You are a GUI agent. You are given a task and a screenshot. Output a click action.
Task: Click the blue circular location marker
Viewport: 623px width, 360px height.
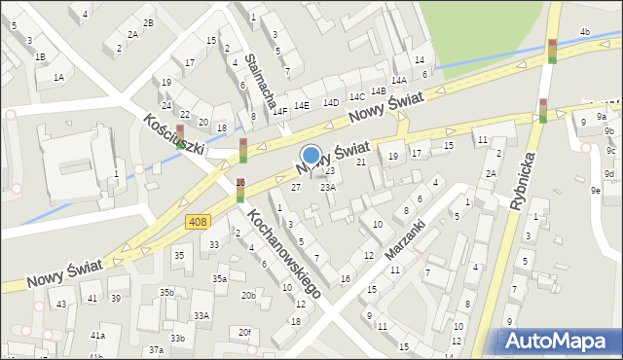click(311, 155)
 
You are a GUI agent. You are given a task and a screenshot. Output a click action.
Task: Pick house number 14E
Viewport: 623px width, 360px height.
click(302, 105)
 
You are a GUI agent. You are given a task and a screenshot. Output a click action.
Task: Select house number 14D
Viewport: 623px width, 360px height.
click(331, 101)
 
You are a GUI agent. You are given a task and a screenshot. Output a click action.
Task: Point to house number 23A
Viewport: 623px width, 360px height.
click(328, 187)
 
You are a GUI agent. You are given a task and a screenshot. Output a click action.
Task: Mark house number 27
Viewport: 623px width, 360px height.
click(296, 187)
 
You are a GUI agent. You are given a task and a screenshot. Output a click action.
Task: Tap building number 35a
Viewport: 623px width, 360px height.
click(220, 279)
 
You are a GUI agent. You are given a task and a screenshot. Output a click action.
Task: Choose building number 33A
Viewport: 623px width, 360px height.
click(202, 315)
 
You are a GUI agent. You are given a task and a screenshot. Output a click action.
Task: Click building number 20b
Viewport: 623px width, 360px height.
click(248, 295)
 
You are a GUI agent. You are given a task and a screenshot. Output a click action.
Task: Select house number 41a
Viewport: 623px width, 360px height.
click(97, 335)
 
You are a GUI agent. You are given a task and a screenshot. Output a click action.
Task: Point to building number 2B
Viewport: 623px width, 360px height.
click(148, 22)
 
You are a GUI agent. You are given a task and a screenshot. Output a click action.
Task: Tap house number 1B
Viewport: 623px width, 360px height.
click(40, 56)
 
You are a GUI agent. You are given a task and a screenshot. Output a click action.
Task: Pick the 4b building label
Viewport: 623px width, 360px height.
click(584, 32)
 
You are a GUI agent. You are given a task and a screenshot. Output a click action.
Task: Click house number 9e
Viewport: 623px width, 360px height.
click(595, 191)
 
